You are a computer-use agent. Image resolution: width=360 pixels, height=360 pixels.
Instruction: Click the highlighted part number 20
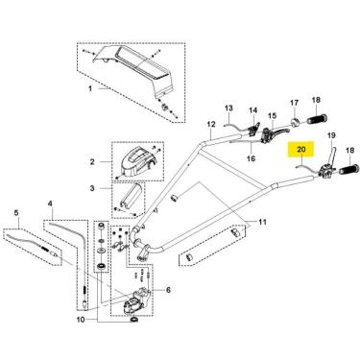[301, 150]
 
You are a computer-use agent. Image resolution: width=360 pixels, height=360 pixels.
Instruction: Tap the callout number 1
[90, 88]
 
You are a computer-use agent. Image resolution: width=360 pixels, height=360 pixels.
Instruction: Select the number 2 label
[92, 162]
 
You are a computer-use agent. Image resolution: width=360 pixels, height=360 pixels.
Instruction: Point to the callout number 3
[92, 188]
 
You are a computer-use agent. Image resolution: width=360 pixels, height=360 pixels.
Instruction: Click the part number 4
[50, 204]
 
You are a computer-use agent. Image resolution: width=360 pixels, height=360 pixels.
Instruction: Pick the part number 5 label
[16, 212]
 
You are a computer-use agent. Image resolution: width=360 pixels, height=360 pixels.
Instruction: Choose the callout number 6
[168, 290]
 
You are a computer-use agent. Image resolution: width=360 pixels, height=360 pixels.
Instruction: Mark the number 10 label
[81, 320]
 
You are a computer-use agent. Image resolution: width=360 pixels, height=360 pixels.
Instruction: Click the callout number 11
[262, 222]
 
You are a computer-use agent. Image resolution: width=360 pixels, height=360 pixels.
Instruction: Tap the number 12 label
[211, 124]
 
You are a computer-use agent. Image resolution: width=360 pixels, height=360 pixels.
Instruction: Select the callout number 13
[228, 108]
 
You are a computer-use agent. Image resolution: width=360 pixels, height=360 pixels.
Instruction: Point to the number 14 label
[253, 110]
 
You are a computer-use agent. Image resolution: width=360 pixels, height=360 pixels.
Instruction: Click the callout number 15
[272, 115]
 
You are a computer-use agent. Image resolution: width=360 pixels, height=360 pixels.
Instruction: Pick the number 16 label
[252, 158]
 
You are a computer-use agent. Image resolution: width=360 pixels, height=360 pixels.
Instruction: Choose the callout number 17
[294, 103]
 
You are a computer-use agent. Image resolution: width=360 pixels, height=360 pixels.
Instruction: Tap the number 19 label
[331, 135]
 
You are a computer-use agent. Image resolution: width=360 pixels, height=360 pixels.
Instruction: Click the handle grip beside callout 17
[318, 120]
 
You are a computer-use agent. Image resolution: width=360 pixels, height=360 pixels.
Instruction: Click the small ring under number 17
[295, 122]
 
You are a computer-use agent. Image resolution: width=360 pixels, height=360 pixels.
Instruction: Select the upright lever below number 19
[333, 156]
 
